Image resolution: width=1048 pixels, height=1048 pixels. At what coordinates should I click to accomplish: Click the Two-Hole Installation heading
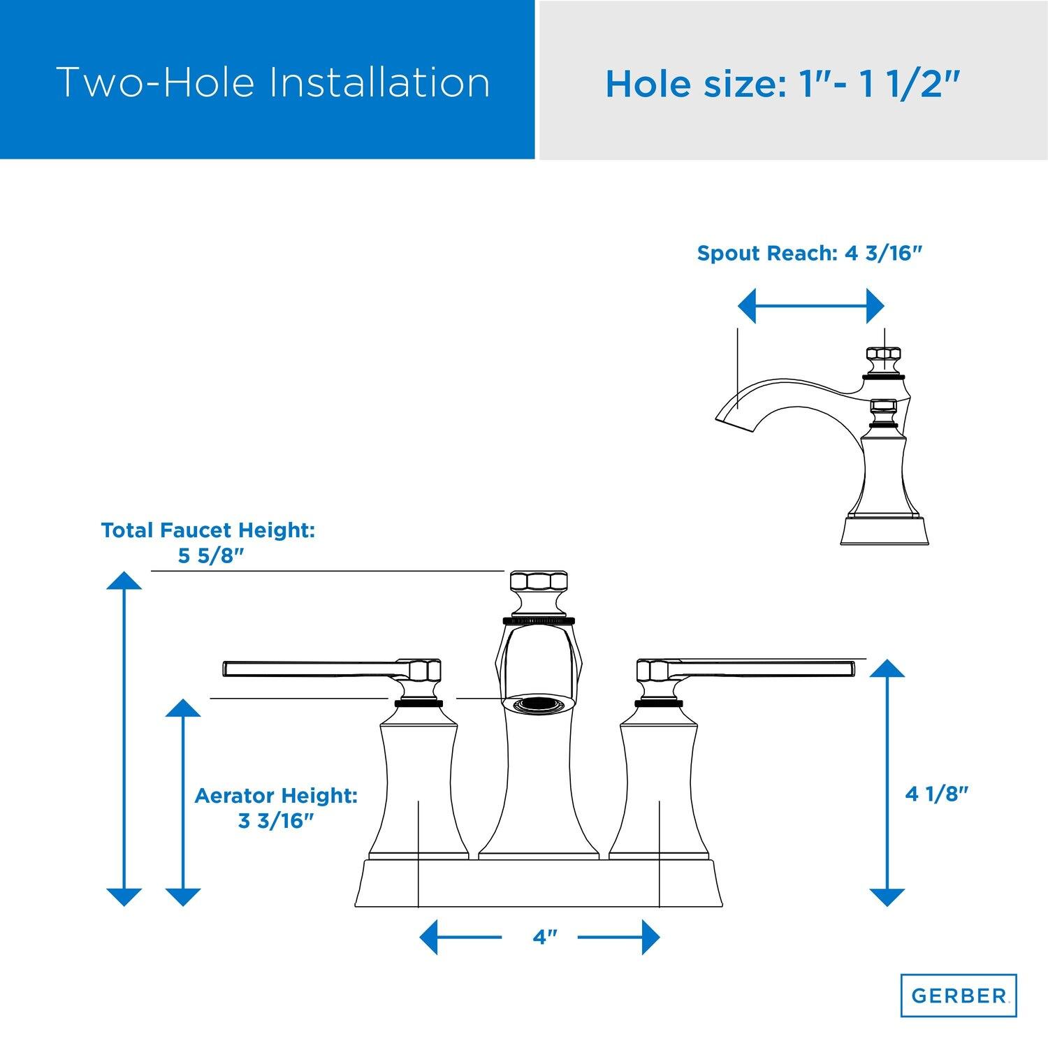pyautogui.click(x=272, y=82)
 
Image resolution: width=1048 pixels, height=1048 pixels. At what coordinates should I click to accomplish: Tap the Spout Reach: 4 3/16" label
pyautogui.click(x=810, y=253)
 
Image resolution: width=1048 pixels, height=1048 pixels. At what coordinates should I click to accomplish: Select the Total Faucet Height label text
pyautogui.click(x=208, y=530)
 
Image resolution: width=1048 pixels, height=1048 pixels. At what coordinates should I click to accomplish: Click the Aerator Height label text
pyautogui.click(x=276, y=795)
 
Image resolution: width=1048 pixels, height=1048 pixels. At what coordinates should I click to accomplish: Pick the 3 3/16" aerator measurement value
pyautogui.click(x=275, y=821)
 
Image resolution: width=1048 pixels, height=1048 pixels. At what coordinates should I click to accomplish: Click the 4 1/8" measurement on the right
pyautogui.click(x=937, y=794)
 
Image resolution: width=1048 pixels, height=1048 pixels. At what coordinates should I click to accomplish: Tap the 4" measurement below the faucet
pyautogui.click(x=540, y=937)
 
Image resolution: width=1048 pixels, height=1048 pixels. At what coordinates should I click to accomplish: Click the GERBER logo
pyautogui.click(x=958, y=996)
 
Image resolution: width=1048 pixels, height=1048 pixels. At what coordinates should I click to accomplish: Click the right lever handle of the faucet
pyautogui.click(x=745, y=669)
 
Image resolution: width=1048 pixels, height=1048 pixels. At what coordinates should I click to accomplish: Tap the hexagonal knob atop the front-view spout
pyautogui.click(x=538, y=583)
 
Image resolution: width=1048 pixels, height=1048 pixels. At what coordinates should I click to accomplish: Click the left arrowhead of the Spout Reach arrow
pyautogui.click(x=747, y=306)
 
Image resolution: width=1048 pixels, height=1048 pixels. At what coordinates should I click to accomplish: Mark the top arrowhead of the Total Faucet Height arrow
pyautogui.click(x=124, y=580)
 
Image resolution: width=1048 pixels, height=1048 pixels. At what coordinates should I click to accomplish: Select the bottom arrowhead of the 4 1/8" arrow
pyautogui.click(x=887, y=897)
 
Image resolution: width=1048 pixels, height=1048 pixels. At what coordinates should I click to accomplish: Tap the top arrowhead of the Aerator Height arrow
pyautogui.click(x=182, y=707)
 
